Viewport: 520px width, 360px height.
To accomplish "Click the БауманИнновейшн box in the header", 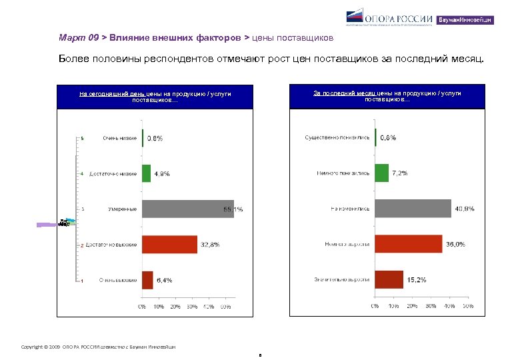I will tap(465, 20).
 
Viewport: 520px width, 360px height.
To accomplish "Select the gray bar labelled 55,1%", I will tap(187, 209).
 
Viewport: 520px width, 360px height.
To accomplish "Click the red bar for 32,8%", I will tap(169, 245).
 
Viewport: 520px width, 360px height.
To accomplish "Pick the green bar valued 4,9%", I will tap(146, 173).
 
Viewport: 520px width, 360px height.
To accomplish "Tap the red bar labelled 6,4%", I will tap(147, 280).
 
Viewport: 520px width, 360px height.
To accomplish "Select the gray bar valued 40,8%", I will tap(413, 209).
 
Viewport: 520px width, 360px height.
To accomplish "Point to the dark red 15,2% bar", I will tap(389, 279).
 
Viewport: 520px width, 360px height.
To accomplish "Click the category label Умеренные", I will tap(123, 209).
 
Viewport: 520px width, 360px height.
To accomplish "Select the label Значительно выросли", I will tap(342, 279).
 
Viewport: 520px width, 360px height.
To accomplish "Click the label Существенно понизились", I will tap(337, 138).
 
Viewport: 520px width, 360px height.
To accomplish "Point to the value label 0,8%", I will tap(155, 138).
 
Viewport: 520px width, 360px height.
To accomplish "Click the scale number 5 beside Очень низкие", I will tap(82, 138).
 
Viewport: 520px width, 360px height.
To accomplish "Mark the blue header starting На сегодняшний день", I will tap(155, 97).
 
